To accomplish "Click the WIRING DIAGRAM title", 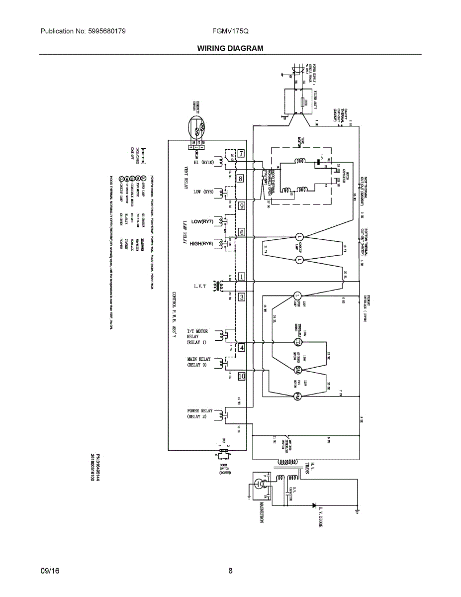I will click(230, 48).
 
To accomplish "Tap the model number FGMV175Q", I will click(230, 31).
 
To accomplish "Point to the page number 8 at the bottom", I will click(230, 571).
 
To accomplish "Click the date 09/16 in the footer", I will click(50, 571).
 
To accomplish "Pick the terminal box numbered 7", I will click(241, 153).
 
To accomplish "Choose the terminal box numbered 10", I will click(242, 377).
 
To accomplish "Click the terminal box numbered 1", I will click(241, 277).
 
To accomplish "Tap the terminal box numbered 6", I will click(241, 232).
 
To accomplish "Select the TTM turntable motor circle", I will click(298, 342).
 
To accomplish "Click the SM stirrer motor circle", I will click(298, 370).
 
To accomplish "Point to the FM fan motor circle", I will click(297, 397).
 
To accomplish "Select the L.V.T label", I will click(203, 286).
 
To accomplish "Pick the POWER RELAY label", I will click(199, 414).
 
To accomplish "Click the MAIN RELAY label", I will click(198, 362).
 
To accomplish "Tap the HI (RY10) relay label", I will click(203, 162).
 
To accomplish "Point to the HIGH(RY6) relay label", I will click(201, 244).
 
